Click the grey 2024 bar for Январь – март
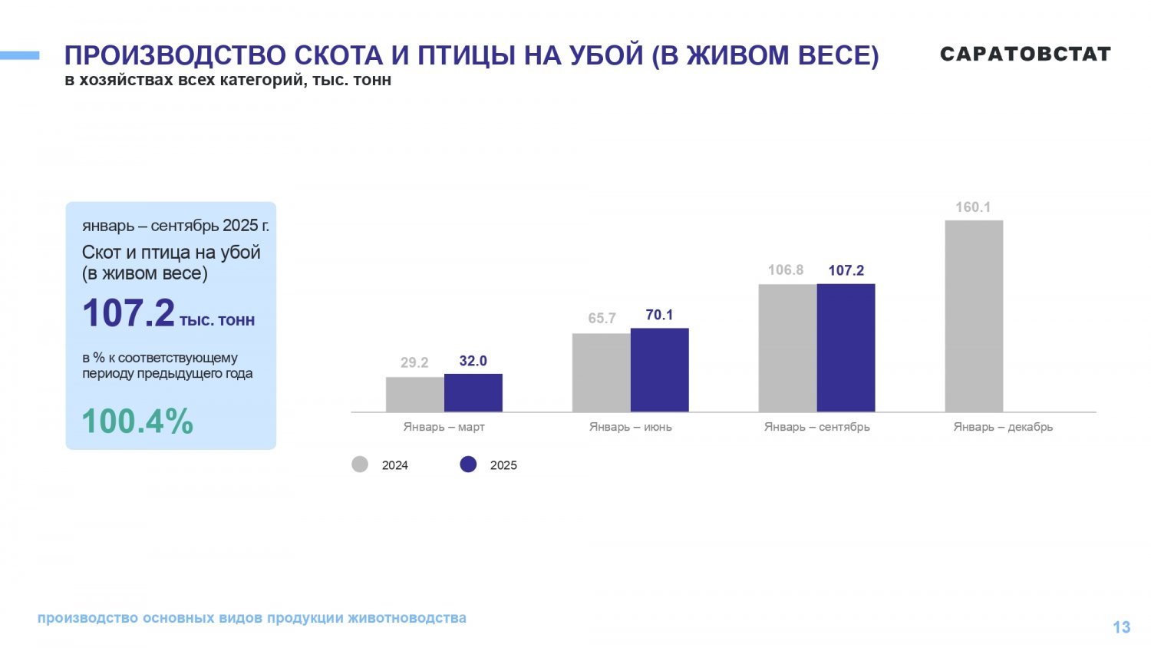pyautogui.click(x=414, y=394)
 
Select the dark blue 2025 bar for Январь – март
pyautogui.click(x=473, y=392)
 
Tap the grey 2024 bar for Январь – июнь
pyautogui.click(x=601, y=372)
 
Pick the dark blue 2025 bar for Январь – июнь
pyautogui.click(x=659, y=370)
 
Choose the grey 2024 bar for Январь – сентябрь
pyautogui.click(x=787, y=348)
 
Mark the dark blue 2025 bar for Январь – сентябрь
pyautogui.click(x=846, y=348)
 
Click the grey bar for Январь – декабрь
pyautogui.click(x=974, y=316)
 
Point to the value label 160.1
pyautogui.click(x=973, y=207)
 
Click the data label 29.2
pyautogui.click(x=414, y=362)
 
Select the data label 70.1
pyautogui.click(x=659, y=315)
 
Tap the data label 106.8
pyautogui.click(x=786, y=270)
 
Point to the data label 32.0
pyautogui.click(x=473, y=361)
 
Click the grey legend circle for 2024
pyautogui.click(x=360, y=465)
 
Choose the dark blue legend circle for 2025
pyautogui.click(x=468, y=465)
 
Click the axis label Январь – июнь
pyautogui.click(x=630, y=427)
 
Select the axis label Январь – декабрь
pyautogui.click(x=1003, y=427)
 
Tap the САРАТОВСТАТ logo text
pyautogui.click(x=1025, y=54)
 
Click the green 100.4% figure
pyautogui.click(x=137, y=422)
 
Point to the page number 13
pyautogui.click(x=1121, y=627)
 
